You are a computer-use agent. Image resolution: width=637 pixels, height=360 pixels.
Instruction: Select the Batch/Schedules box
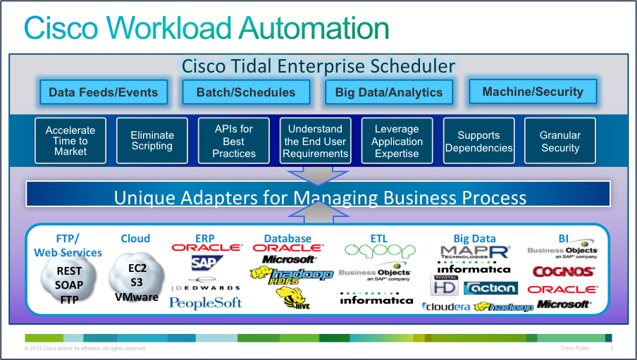[x=246, y=92]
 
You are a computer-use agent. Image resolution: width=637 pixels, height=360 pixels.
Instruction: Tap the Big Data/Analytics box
[x=388, y=92]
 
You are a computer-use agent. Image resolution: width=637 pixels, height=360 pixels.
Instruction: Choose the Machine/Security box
[x=533, y=92]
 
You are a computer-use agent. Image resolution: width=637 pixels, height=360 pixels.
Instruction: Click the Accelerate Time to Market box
[x=70, y=141]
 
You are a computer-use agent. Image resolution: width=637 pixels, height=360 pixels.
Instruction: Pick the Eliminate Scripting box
[x=151, y=141]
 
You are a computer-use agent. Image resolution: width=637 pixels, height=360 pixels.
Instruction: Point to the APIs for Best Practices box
[x=234, y=141]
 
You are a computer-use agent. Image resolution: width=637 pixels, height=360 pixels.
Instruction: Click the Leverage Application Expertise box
[x=397, y=141]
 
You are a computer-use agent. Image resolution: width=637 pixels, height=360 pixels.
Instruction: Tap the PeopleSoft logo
[x=206, y=303]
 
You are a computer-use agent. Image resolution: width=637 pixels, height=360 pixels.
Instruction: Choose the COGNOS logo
[x=563, y=272]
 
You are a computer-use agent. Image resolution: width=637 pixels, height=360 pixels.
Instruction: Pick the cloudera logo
[x=446, y=306]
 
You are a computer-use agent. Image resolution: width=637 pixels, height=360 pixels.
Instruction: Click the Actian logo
[x=491, y=288]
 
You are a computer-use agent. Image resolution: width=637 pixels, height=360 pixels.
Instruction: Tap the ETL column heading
[x=379, y=239]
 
